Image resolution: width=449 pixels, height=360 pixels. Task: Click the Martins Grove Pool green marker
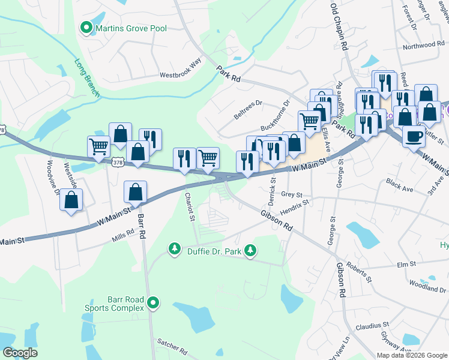(86, 28)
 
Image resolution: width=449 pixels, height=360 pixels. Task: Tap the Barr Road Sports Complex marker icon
(154, 304)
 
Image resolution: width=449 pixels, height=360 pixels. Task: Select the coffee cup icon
(414, 136)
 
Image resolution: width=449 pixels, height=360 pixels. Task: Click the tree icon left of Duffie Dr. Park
(175, 248)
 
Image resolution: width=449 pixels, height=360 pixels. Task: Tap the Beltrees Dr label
(248, 109)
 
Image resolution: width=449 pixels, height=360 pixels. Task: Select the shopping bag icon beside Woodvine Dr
(71, 200)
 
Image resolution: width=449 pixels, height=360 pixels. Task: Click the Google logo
(20, 353)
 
